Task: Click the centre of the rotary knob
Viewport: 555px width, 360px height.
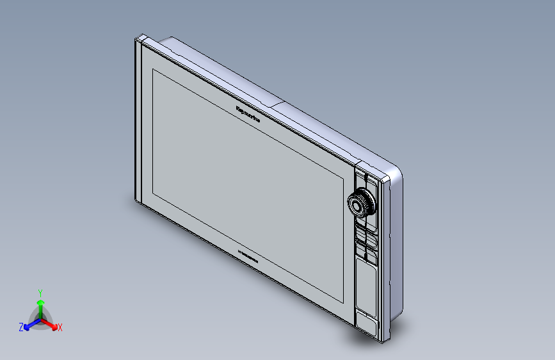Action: click(358, 204)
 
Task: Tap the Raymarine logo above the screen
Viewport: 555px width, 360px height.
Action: click(248, 113)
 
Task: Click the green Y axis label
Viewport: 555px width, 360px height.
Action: click(40, 291)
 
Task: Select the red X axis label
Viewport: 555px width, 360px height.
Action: click(60, 327)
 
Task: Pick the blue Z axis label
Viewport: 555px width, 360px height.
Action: click(21, 327)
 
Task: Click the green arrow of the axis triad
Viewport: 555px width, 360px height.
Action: click(40, 302)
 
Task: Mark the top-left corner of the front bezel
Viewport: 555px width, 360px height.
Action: click(136, 38)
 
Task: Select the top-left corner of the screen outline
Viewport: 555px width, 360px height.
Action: click(152, 68)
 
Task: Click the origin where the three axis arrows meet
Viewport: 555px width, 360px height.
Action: click(40, 317)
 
